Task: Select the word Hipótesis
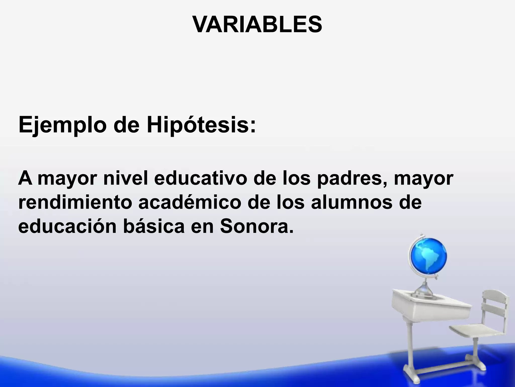[201, 125]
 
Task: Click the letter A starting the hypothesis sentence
[25, 178]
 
